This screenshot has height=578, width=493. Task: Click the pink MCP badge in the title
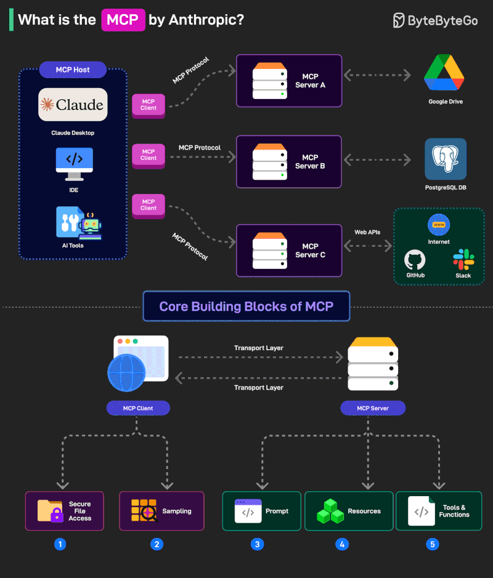[x=123, y=20]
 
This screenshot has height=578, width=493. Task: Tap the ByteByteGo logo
[x=436, y=20]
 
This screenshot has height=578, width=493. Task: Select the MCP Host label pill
[x=73, y=70]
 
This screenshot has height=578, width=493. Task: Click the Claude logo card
[x=73, y=105]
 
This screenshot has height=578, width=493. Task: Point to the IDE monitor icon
[x=74, y=163]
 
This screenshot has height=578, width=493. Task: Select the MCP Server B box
[x=289, y=162]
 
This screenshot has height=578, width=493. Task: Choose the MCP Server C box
[x=289, y=251]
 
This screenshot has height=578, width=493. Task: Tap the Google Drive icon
[x=444, y=73]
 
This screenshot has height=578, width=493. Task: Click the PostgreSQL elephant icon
[x=445, y=159]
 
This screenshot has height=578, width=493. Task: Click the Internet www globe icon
[x=439, y=225]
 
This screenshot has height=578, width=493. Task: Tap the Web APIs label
[x=368, y=232]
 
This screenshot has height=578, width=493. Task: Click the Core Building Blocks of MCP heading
[x=246, y=307]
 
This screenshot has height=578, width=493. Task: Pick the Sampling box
[x=161, y=511]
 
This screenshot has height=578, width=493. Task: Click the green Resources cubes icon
[x=330, y=512]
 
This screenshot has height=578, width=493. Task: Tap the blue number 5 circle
[x=433, y=544]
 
